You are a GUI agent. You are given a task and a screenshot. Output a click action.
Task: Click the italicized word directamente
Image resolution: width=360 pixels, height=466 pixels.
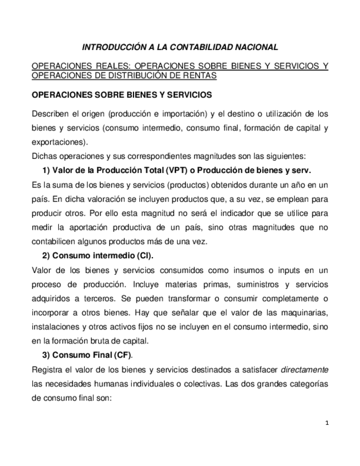tap(304, 370)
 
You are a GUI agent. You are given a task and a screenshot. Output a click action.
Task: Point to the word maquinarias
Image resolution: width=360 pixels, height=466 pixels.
tap(302, 313)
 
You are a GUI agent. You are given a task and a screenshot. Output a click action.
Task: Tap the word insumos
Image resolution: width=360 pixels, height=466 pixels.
tap(228, 270)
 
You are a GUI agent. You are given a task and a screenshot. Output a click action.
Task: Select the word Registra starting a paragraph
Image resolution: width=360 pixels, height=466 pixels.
tap(48, 370)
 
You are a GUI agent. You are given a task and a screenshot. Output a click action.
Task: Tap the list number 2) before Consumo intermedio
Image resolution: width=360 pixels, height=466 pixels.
tap(46, 256)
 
